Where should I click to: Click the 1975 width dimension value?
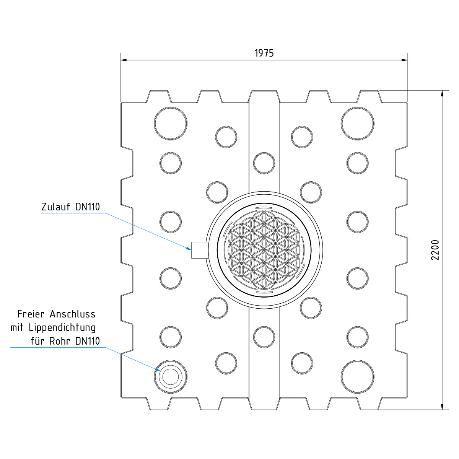[x=264, y=53]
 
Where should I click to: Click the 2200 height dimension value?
[x=435, y=250]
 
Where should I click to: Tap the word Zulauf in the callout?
[x=56, y=207]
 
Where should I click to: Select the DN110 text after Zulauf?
[x=88, y=207]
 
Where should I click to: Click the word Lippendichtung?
[x=62, y=328]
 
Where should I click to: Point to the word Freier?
[x=31, y=314]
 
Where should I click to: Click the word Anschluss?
[x=72, y=314]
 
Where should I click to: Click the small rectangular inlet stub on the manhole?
[x=200, y=250]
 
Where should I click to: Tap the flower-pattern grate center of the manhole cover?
[x=264, y=250]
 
